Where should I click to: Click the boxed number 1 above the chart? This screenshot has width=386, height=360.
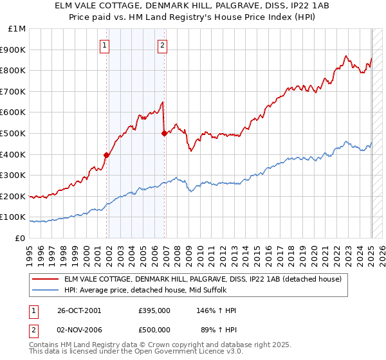coord(105,45)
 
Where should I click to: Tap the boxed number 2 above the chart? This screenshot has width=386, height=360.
coord(162,45)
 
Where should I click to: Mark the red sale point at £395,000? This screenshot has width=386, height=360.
coord(107,155)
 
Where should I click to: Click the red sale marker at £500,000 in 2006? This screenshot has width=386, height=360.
coord(164,133)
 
